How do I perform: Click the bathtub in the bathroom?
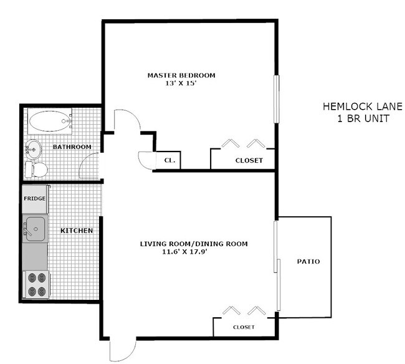tap(50, 121)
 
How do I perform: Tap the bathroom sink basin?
tap(33, 150)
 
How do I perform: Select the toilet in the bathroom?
tap(36, 170)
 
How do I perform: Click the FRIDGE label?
tap(35, 198)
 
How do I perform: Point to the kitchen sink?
tap(35, 229)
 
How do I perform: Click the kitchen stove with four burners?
tap(36, 284)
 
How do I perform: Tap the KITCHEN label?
tap(77, 231)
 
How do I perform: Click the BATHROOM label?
tap(72, 146)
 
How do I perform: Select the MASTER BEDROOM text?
tap(181, 75)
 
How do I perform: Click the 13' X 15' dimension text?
tap(181, 83)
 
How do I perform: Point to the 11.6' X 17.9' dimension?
tap(185, 251)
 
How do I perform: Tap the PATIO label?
tap(308, 261)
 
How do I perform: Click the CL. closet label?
tap(169, 160)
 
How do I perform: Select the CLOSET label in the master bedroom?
tap(249, 160)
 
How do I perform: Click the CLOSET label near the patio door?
tap(244, 327)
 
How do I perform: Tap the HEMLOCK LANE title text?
tap(363, 107)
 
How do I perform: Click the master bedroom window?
tap(277, 99)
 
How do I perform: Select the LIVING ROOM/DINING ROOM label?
tap(194, 244)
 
